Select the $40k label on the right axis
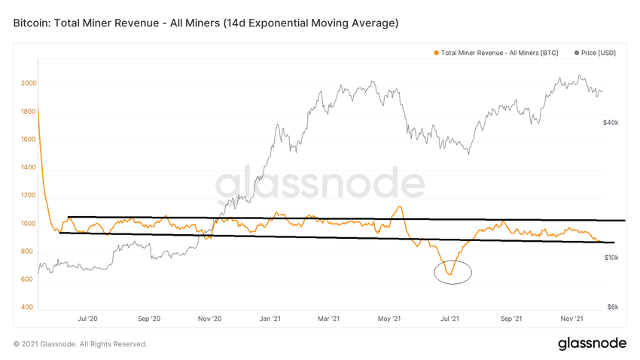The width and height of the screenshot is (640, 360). [x=611, y=122]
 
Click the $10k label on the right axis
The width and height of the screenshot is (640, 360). [x=611, y=258]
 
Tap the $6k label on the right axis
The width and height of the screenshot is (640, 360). [x=613, y=307]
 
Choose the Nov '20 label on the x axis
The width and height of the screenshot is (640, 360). [x=209, y=319]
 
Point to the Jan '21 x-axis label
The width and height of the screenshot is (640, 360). [x=270, y=319]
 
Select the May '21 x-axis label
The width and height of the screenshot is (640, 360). [x=389, y=319]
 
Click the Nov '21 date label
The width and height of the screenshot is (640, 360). [x=572, y=319]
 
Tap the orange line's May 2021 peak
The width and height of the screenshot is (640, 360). [x=398, y=206]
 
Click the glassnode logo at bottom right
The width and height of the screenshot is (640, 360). [x=592, y=343]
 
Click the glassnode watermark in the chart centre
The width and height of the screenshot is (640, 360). [x=320, y=185]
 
